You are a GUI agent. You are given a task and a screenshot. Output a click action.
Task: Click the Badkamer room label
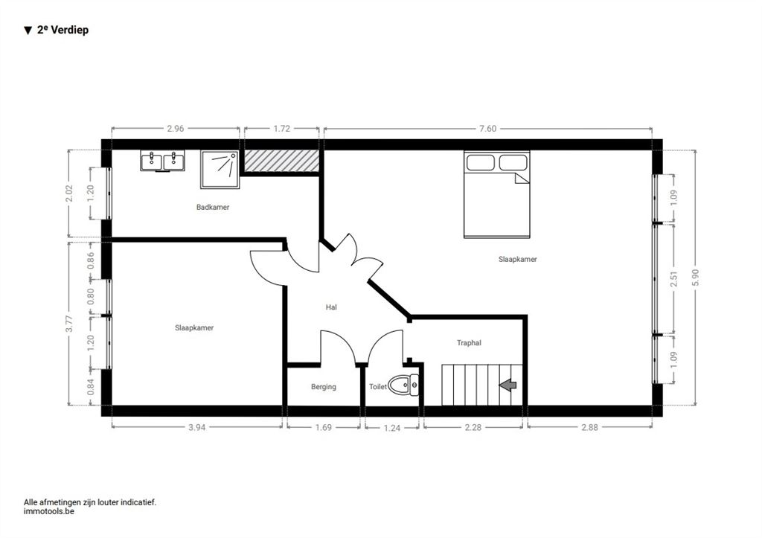coord(213,207)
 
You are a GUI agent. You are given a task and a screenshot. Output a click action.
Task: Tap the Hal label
coord(331,307)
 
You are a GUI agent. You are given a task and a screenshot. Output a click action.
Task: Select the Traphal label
coord(469,342)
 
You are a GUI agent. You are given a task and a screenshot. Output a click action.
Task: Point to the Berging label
coord(324,387)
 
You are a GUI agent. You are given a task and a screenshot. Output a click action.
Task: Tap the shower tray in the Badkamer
coord(220,169)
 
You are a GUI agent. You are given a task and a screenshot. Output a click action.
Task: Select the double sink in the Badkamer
coord(162,161)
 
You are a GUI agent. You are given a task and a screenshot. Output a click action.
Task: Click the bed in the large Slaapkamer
coord(496,194)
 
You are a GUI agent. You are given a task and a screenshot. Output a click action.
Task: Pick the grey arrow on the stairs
coord(508,385)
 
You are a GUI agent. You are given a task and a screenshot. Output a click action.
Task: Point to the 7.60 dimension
coord(488,129)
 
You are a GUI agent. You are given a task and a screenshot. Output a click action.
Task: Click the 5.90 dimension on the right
coord(696,278)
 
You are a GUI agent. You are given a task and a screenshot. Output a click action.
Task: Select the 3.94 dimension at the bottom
coord(196,427)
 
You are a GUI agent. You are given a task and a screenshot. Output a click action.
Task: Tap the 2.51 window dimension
coord(673,279)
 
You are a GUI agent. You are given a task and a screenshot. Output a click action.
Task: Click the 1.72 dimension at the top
coord(282,129)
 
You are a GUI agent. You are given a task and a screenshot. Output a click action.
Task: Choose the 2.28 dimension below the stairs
coord(473,427)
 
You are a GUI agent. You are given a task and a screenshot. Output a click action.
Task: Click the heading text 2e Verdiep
coord(63,30)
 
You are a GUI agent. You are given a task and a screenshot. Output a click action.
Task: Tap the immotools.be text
coord(49,511)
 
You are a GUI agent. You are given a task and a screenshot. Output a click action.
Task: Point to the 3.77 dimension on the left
coord(69,324)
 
